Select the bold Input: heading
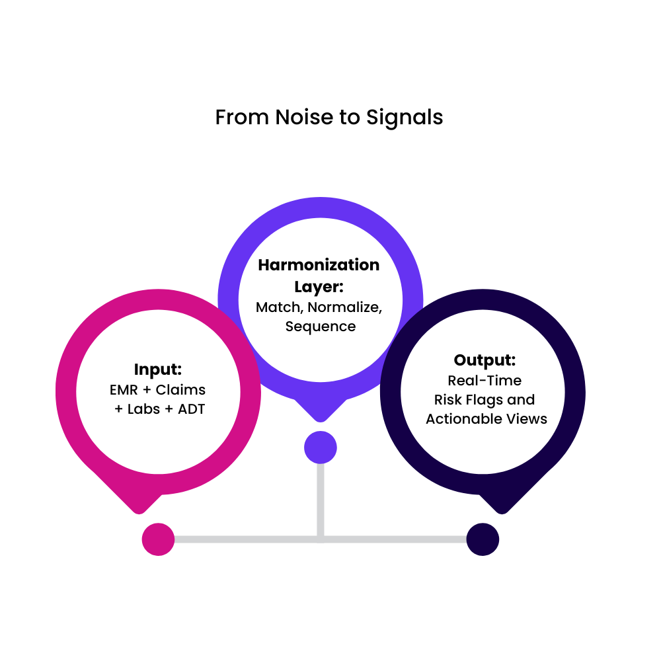pos(158,369)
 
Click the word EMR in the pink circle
pos(124,389)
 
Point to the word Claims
pos(180,389)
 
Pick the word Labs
pos(143,409)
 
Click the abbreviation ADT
pos(190,409)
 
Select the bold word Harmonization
pos(319,265)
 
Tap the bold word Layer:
pos(320,286)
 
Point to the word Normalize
pos(345,307)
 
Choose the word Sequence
pos(321,327)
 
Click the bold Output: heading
pos(485,360)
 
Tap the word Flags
pos(488,400)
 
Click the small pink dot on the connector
pos(158,539)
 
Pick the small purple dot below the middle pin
pos(321,448)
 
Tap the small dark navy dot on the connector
pos(483,539)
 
